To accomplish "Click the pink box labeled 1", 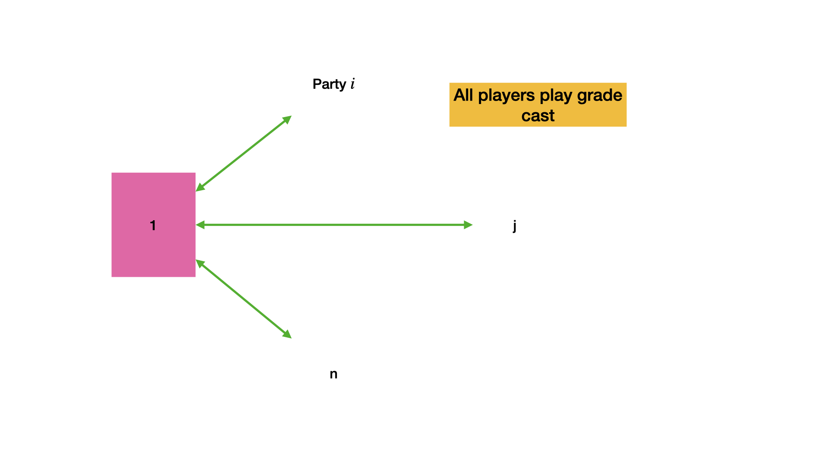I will [x=153, y=225].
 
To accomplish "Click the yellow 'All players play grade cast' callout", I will [x=538, y=105].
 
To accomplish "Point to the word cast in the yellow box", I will [x=538, y=116].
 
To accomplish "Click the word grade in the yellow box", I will [x=600, y=95].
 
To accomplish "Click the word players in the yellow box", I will [x=506, y=95].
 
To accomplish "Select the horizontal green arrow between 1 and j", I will [x=334, y=225].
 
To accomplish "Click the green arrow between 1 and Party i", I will [x=243, y=154].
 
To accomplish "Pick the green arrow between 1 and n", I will [x=243, y=299].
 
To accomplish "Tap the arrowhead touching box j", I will [x=468, y=225].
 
